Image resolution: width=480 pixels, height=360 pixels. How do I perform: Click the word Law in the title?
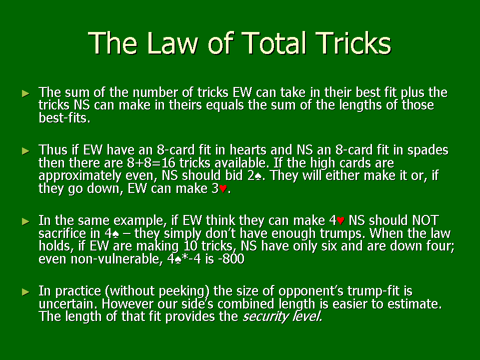point(172,43)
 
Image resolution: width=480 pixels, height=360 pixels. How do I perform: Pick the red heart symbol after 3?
point(223,189)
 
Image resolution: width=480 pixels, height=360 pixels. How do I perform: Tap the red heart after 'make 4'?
point(340,220)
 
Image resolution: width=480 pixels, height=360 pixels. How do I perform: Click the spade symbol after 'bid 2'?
point(258,176)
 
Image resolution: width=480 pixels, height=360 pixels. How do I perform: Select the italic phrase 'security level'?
point(282,316)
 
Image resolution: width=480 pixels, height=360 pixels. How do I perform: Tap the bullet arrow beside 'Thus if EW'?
point(26,151)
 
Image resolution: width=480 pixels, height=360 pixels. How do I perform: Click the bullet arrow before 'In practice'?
point(26,292)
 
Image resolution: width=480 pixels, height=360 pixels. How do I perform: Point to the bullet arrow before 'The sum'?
point(26,93)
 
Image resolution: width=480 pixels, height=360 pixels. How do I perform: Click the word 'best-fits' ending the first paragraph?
point(64,118)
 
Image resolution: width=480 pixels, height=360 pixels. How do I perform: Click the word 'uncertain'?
point(68,304)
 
